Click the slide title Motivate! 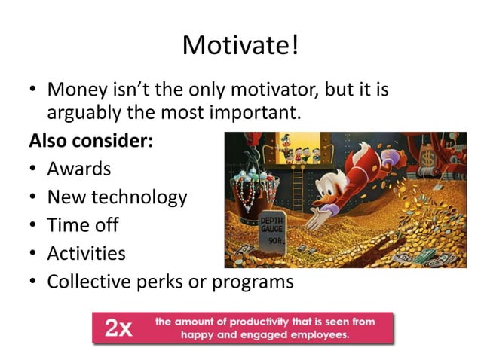point(240,46)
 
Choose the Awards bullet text point(79,168)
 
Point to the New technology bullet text point(117,197)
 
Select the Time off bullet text point(83,224)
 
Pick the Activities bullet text point(86,252)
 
